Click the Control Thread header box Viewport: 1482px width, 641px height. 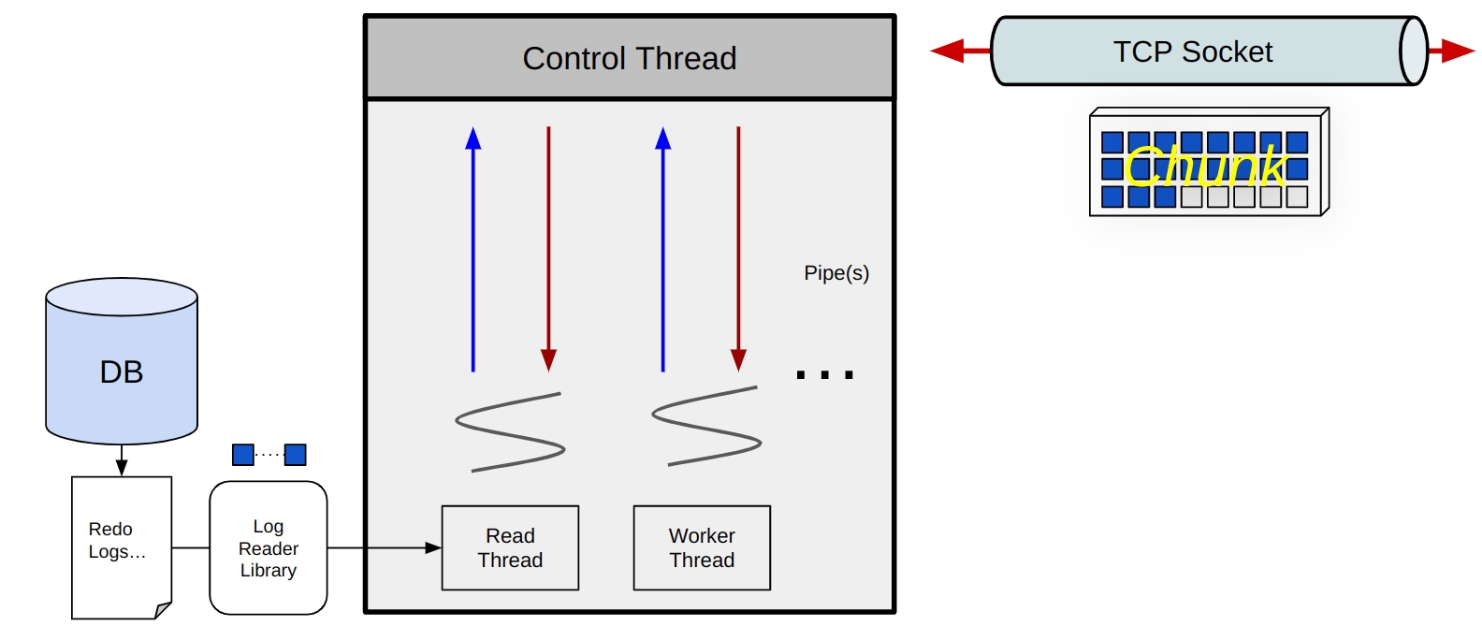[x=630, y=58]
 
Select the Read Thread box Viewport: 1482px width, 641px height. [x=510, y=548]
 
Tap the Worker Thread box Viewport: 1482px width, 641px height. [x=702, y=548]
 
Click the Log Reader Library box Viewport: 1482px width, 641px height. [x=269, y=548]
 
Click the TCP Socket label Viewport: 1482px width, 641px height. [x=1192, y=52]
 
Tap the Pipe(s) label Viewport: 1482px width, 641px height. [x=836, y=273]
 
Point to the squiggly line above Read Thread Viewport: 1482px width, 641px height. [x=510, y=431]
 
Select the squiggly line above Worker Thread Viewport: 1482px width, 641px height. [x=706, y=426]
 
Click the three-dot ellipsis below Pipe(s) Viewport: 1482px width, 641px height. [x=824, y=375]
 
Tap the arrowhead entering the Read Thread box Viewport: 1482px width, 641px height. [x=433, y=548]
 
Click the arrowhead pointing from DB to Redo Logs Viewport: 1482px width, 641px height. [x=122, y=467]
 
